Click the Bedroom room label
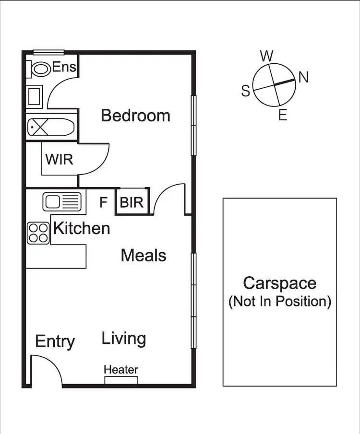click(135, 116)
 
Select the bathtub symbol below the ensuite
click(50, 128)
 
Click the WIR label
click(59, 159)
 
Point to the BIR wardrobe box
click(132, 202)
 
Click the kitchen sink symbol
click(62, 201)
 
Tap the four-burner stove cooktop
click(38, 234)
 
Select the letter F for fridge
click(103, 202)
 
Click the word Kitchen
click(81, 228)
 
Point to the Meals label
click(144, 255)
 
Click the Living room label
click(123, 339)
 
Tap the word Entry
click(55, 342)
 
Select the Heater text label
click(121, 370)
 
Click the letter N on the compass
click(303, 77)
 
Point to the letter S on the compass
click(246, 91)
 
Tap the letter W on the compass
click(266, 56)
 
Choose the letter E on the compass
click(283, 115)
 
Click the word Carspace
click(279, 283)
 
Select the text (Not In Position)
click(279, 302)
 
